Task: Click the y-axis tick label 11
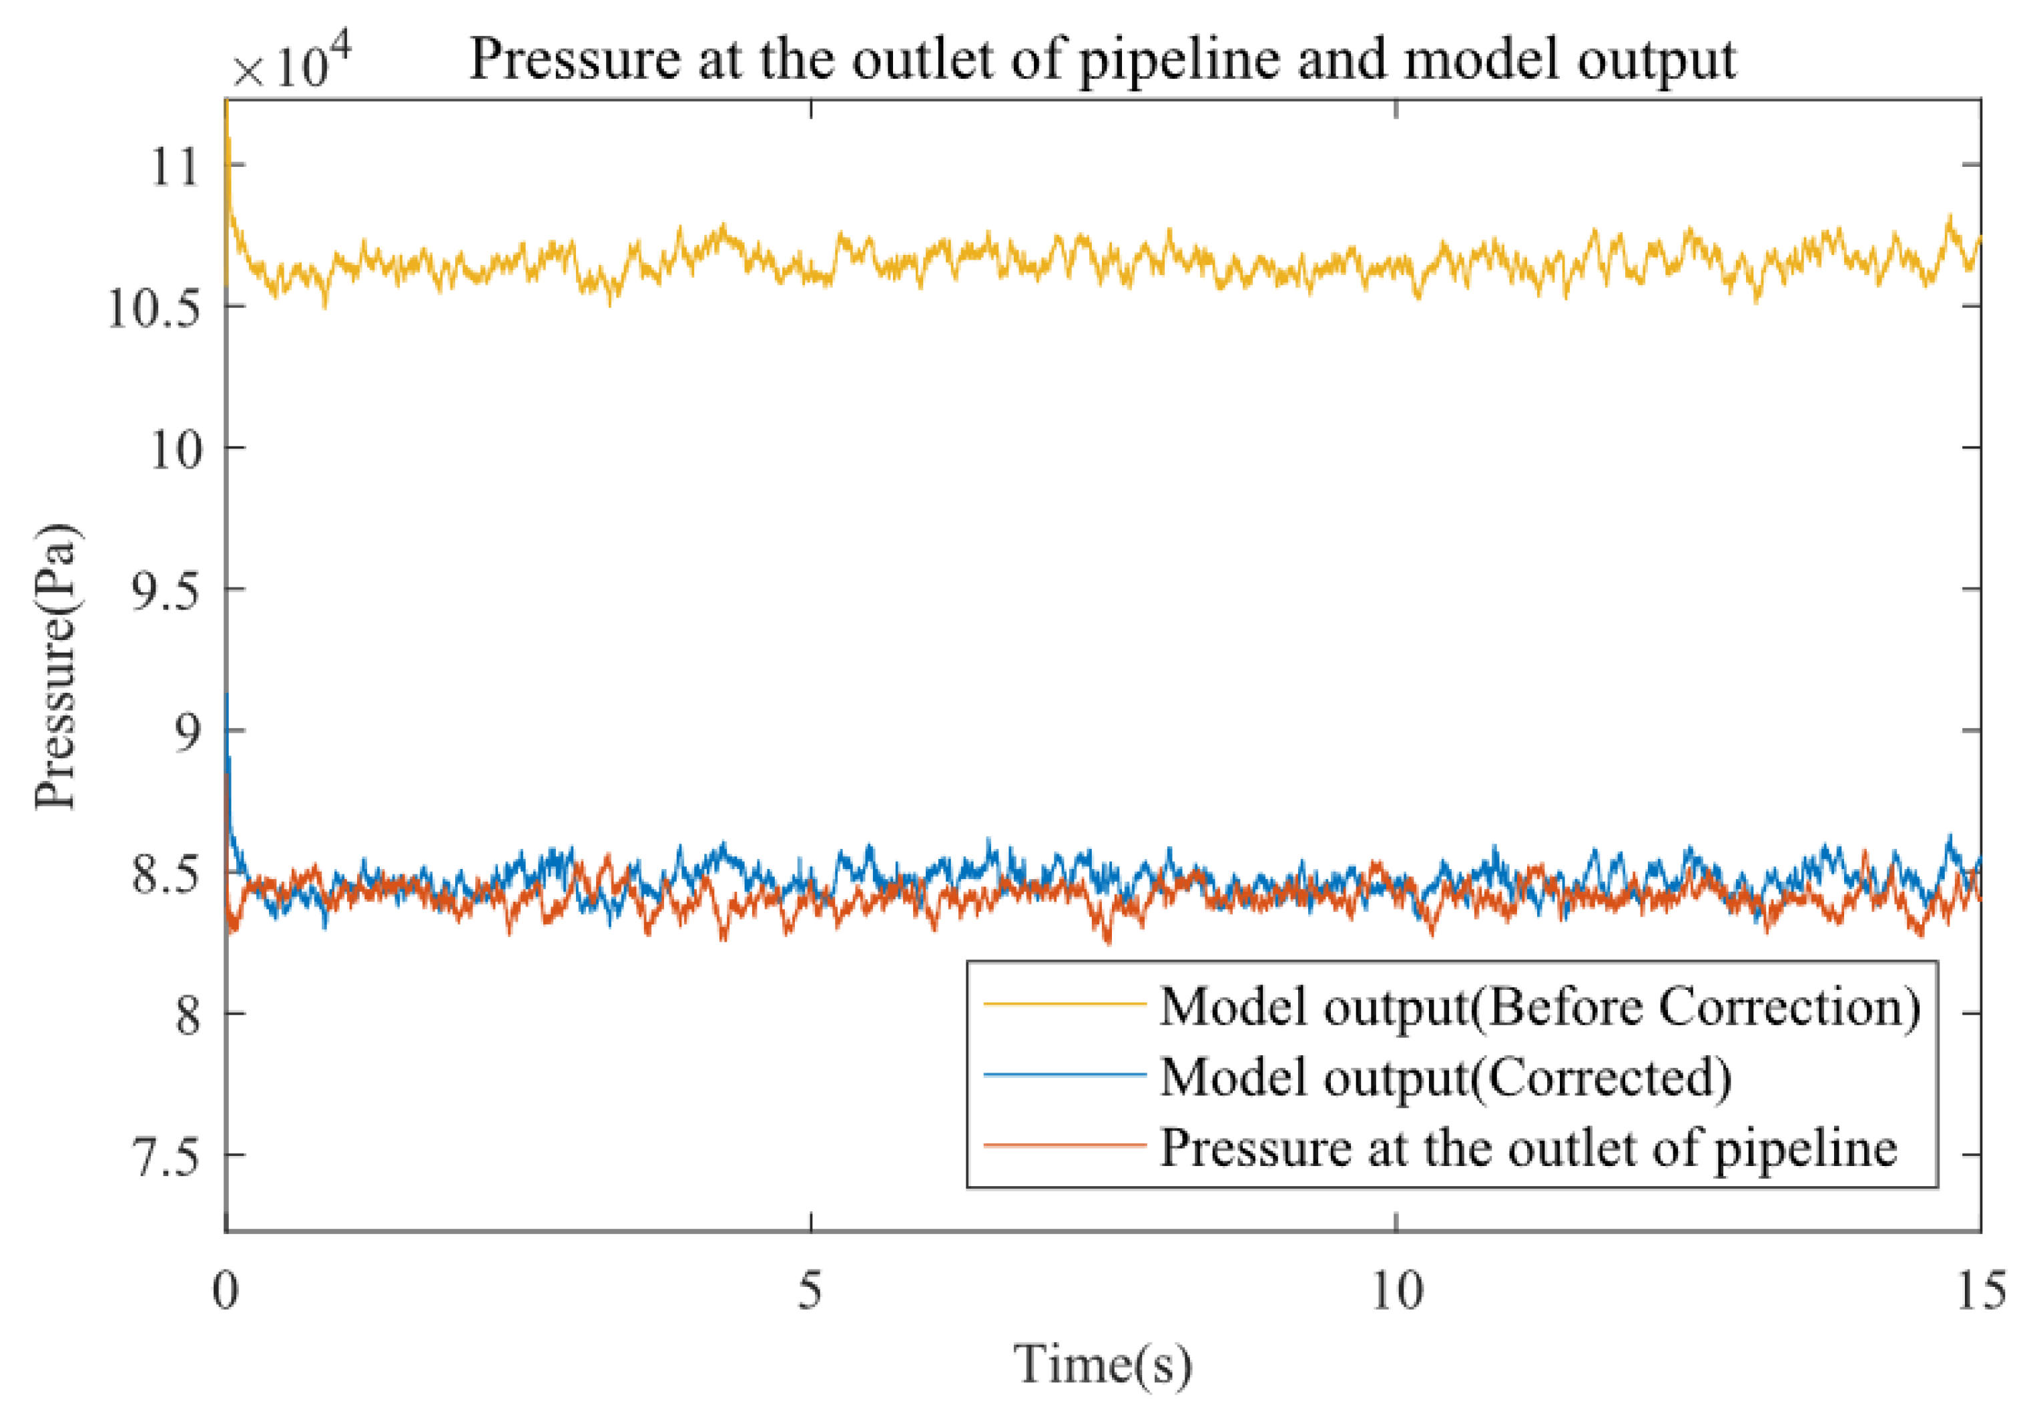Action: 176,166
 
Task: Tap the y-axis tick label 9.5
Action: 164,591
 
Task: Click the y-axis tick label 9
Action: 188,734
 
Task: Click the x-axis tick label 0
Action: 226,1290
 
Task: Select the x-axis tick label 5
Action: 810,1290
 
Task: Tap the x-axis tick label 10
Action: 1396,1290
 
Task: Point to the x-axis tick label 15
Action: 1980,1290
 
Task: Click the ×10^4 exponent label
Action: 291,64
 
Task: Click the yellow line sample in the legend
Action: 1064,1005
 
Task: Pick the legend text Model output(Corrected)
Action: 1446,1077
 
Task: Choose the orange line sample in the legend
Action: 1064,1145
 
